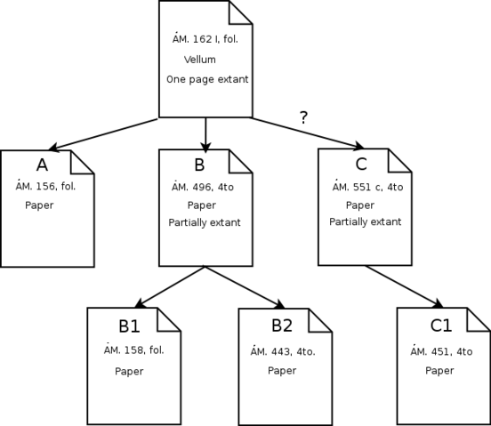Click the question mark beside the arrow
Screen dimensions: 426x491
(303, 117)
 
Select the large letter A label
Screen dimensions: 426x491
(42, 165)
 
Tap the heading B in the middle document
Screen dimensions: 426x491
(199, 165)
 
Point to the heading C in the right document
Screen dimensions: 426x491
(360, 165)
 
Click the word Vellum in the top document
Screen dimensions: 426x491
(202, 60)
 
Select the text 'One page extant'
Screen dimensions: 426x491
(207, 79)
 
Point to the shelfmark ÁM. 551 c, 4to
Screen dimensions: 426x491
(367, 187)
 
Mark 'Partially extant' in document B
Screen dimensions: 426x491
(205, 222)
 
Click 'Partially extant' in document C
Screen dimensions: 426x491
(365, 221)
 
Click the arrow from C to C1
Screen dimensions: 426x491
(405, 286)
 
